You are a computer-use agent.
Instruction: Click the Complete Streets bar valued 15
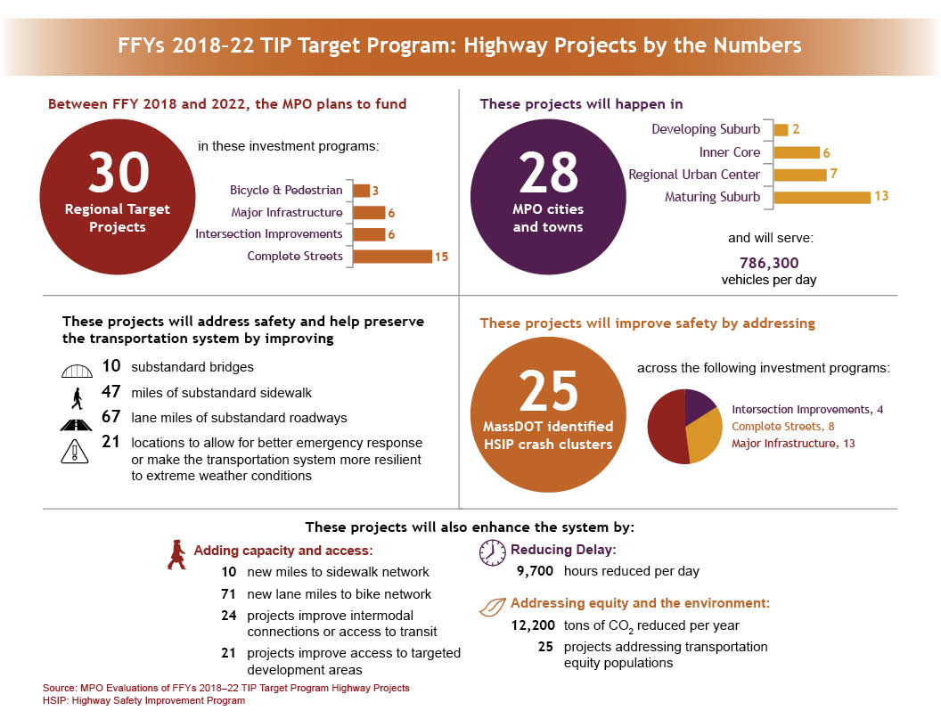point(392,257)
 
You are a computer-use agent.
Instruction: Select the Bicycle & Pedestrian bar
point(361,191)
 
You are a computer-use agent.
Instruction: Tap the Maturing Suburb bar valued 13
point(822,197)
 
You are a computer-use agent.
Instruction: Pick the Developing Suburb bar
point(781,130)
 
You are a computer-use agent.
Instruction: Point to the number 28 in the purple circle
point(548,173)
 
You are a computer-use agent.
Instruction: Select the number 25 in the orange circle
point(548,390)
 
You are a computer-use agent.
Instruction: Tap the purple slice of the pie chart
point(700,405)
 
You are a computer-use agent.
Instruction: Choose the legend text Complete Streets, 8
point(782,427)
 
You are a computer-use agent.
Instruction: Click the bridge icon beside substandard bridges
point(77,368)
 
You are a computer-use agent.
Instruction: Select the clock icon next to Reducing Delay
point(492,552)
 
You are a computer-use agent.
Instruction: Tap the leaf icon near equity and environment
point(492,608)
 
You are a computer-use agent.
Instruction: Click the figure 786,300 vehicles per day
point(769,263)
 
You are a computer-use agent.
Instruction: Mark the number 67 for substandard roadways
point(111,417)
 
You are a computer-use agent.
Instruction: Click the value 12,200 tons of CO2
point(534,625)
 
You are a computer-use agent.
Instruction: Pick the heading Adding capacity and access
point(282,551)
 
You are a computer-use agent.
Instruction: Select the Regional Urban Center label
point(694,175)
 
